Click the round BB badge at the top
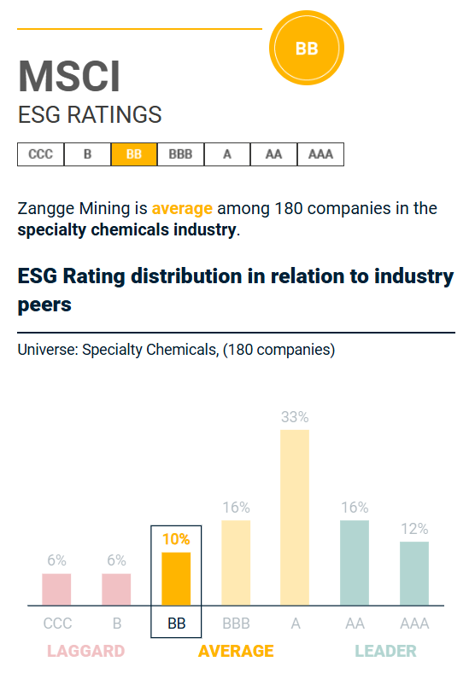pos(306,49)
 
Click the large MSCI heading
pos(69,78)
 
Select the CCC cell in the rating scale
pos(40,154)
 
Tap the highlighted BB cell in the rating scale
pos(134,154)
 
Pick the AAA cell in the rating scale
pos(320,154)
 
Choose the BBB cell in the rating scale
pos(180,154)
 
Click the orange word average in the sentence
pos(183,208)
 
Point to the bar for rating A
pos(295,517)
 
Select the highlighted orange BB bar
pos(176,578)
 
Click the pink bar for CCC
pos(56,589)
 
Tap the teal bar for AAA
pos(414,573)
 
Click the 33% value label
pos(295,417)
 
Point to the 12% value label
pos(414,529)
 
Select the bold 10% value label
pos(176,539)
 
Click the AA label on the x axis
pos(355,624)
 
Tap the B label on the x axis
pos(116,624)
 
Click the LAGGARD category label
pos(85,652)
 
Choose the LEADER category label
pos(385,652)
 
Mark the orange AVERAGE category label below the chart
pos(236,652)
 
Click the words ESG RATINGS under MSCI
pos(90,115)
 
